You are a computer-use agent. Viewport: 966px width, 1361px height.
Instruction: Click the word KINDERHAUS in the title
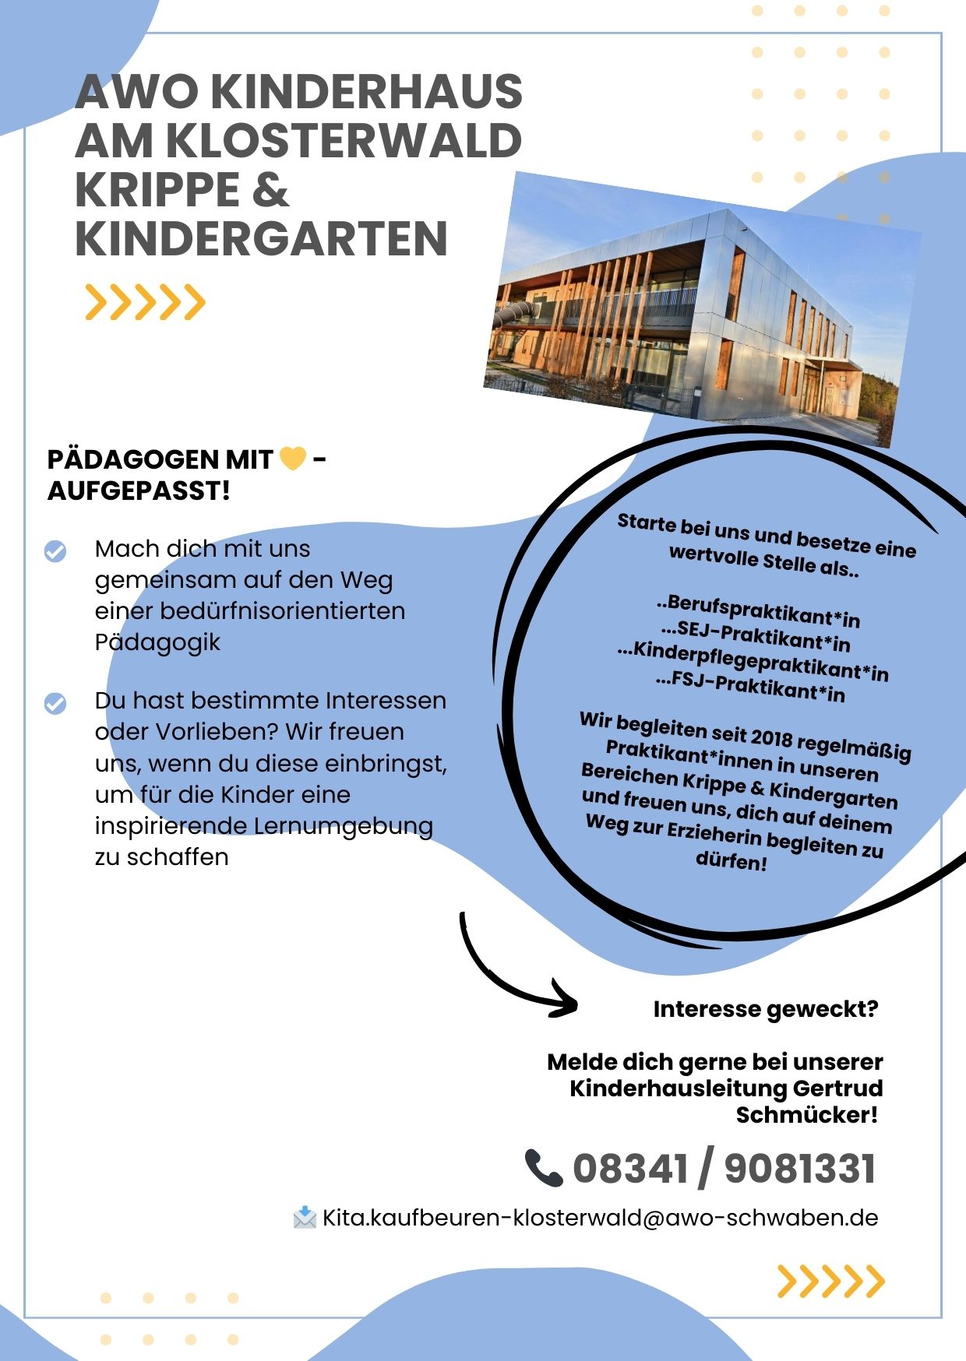point(366,92)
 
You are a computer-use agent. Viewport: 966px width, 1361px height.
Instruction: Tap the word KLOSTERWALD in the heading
point(343,141)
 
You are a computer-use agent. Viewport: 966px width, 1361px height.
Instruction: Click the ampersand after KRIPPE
point(270,190)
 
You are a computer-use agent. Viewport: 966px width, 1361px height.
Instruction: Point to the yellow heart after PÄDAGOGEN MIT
point(293,459)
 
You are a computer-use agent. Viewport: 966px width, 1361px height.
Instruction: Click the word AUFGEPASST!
point(139,491)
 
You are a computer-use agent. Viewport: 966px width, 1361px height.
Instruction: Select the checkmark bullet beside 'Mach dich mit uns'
point(55,550)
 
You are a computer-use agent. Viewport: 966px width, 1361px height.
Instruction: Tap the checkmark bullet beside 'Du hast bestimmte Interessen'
point(55,703)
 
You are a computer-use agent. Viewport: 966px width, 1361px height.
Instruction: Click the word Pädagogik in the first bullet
point(157,642)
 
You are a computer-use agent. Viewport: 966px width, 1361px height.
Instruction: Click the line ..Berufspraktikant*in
point(758,611)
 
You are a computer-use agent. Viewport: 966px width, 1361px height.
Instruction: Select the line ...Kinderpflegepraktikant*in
point(753,660)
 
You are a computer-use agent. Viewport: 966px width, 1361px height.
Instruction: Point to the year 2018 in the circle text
point(772,737)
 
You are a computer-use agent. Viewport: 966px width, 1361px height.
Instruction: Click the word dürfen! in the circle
point(731,861)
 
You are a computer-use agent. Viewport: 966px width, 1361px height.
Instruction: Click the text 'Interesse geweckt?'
point(765,1009)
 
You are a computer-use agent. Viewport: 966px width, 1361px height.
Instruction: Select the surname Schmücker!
point(806,1115)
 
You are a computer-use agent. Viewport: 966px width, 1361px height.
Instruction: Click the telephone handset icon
point(543,1168)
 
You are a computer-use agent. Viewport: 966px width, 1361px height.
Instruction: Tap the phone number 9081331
point(799,1169)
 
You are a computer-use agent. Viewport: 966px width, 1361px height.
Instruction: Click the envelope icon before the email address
point(305,1217)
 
